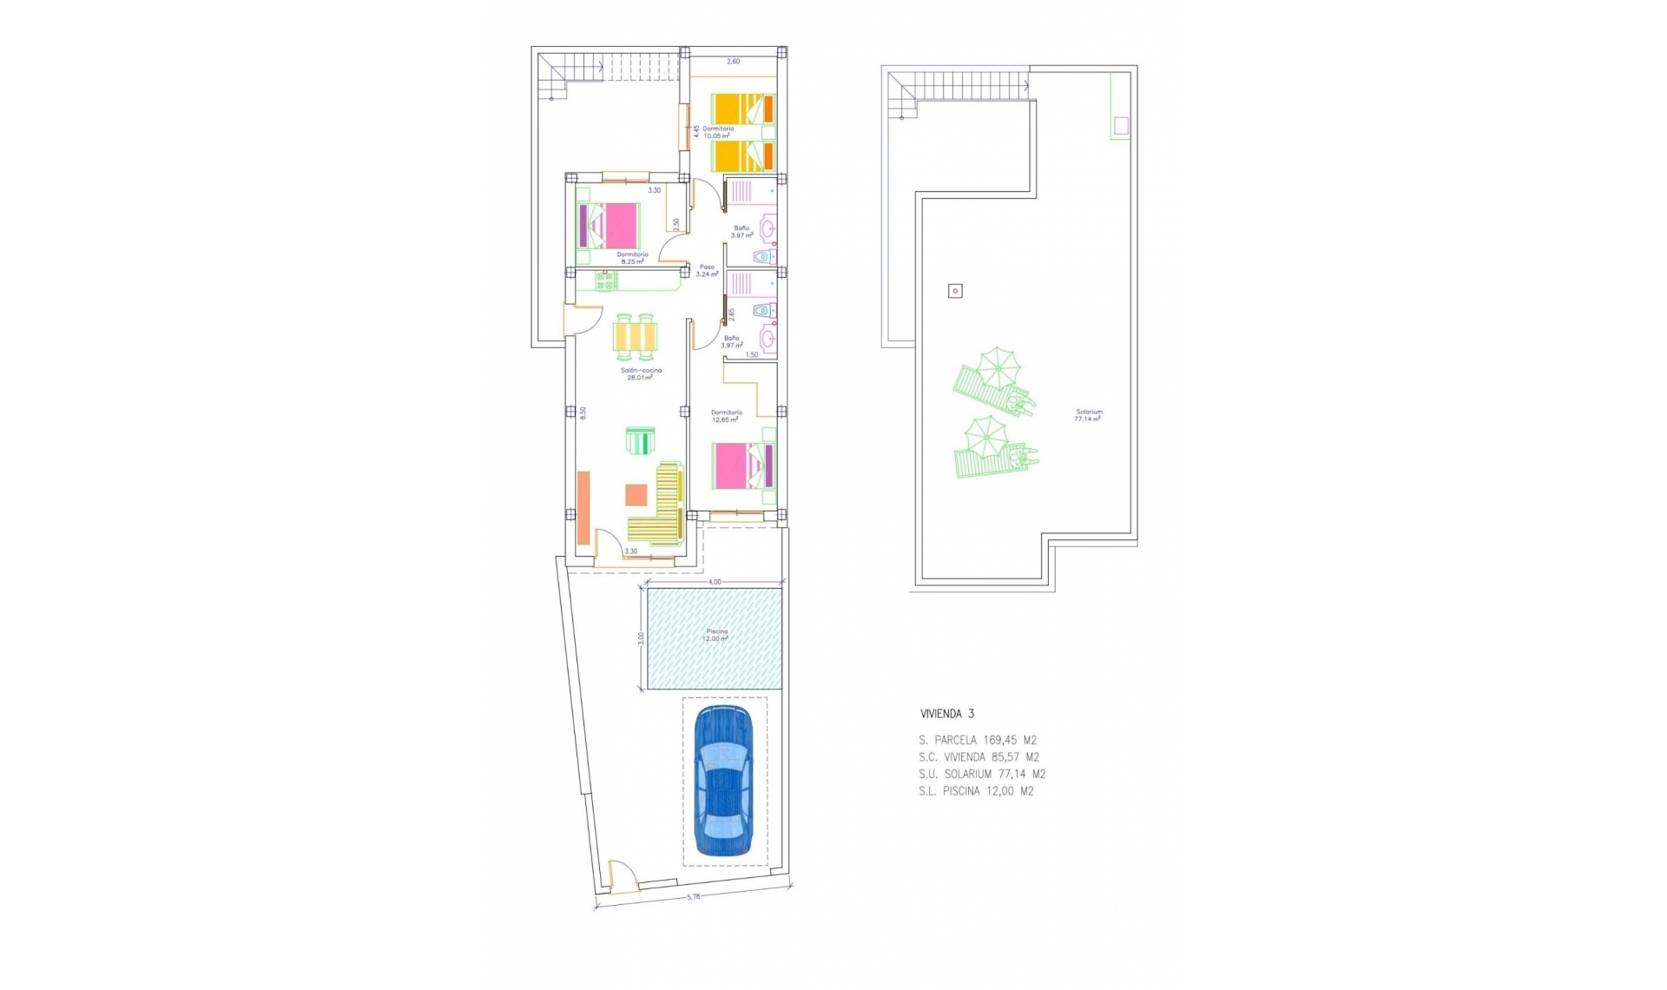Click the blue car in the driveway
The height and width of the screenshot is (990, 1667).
pyautogui.click(x=724, y=782)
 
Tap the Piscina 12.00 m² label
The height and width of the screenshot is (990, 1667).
pyautogui.click(x=716, y=635)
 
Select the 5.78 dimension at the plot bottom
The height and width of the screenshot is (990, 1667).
pyautogui.click(x=693, y=896)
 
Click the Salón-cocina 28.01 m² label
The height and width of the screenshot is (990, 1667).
pyautogui.click(x=641, y=373)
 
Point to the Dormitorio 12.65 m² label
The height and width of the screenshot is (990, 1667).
pyautogui.click(x=726, y=416)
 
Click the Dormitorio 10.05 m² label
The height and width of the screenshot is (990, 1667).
pyautogui.click(x=717, y=132)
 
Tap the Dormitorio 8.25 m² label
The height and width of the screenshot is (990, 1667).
pyautogui.click(x=632, y=258)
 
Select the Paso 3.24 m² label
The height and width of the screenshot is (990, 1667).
pyautogui.click(x=707, y=270)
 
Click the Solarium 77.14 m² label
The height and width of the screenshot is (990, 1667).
pyautogui.click(x=1088, y=415)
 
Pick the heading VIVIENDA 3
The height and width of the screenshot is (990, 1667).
pyautogui.click(x=947, y=714)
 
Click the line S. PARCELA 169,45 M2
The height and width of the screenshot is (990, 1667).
pyautogui.click(x=978, y=741)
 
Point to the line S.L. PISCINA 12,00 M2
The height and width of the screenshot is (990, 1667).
pyautogui.click(x=976, y=791)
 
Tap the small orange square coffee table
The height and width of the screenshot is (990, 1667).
pyautogui.click(x=636, y=494)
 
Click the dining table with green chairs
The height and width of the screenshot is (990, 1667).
pyautogui.click(x=636, y=336)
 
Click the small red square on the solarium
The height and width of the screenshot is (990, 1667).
pyautogui.click(x=955, y=291)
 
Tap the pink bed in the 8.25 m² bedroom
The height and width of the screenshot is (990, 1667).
pyautogui.click(x=609, y=226)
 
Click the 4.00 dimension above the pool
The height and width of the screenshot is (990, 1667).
pyautogui.click(x=715, y=582)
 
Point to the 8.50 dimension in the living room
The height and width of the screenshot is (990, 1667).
pyautogui.click(x=583, y=413)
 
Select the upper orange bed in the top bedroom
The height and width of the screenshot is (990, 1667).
pyautogui.click(x=744, y=109)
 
